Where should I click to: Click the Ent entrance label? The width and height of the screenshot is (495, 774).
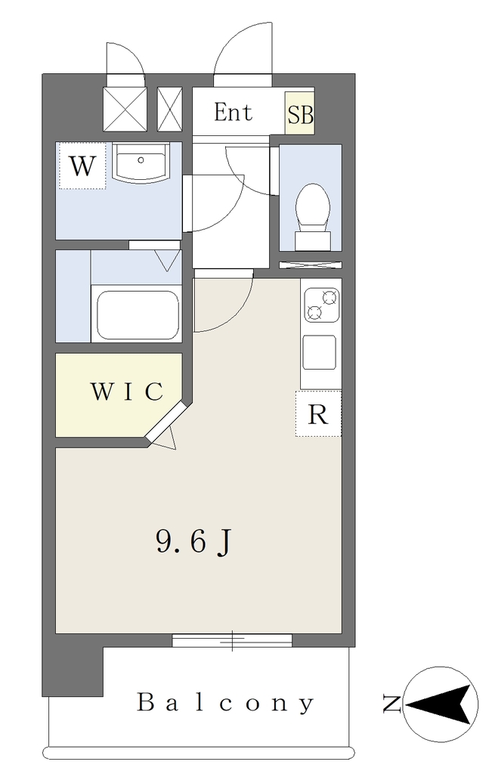pyautogui.click(x=233, y=113)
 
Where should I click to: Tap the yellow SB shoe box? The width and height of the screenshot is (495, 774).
pyautogui.click(x=299, y=113)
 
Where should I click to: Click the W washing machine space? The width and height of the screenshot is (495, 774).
pyautogui.click(x=82, y=166)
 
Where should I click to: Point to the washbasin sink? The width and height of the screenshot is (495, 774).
pyautogui.click(x=141, y=162)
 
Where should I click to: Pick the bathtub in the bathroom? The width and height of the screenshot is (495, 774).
pyautogui.click(x=138, y=314)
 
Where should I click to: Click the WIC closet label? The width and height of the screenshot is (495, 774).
pyautogui.click(x=126, y=392)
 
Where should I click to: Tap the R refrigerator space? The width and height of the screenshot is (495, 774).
pyautogui.click(x=318, y=413)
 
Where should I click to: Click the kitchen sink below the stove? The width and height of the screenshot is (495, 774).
pyautogui.click(x=320, y=352)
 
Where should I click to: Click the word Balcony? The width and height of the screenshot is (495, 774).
pyautogui.click(x=225, y=703)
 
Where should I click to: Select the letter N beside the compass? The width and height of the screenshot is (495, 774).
pyautogui.click(x=392, y=704)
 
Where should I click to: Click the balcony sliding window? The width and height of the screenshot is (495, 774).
pyautogui.click(x=232, y=641)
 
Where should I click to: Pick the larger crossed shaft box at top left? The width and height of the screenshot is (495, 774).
pyautogui.click(x=125, y=110)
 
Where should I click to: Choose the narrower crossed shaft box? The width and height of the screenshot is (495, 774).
pyautogui.click(x=170, y=110)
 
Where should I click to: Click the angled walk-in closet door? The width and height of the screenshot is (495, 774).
pyautogui.click(x=167, y=422)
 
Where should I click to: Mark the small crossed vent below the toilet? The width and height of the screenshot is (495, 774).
pyautogui.click(x=311, y=265)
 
